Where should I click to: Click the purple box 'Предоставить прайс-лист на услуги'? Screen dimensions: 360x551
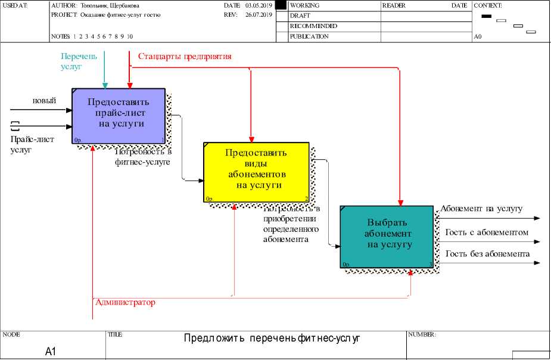(119, 116)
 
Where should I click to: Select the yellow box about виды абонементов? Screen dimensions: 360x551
(256, 173)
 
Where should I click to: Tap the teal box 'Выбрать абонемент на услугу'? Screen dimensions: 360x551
(387, 236)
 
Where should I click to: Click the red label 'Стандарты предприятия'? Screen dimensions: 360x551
(185, 57)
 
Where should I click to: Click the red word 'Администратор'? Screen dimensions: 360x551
(125, 302)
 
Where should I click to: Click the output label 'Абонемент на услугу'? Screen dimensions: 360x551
(482, 209)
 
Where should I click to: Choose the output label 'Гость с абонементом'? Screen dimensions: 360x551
(487, 232)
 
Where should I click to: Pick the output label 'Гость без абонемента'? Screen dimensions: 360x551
(487, 254)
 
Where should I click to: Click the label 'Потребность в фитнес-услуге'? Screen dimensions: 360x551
(143, 156)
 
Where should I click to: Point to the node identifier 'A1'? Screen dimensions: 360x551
(51, 352)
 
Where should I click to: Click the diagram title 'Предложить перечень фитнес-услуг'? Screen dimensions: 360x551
(272, 339)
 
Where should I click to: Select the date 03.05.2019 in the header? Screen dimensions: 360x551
(259, 5)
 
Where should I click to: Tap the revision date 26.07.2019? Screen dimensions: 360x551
(259, 15)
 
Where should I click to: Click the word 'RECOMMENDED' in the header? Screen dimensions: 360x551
(313, 26)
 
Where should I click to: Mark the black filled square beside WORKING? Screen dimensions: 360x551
(281, 5)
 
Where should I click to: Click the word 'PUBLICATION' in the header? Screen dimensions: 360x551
(309, 36)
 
